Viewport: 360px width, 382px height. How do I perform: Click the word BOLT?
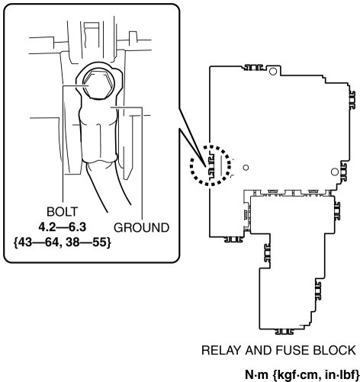click(x=63, y=212)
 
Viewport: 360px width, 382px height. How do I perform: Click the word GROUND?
click(x=141, y=227)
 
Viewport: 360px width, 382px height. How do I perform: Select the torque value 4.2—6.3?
click(x=63, y=227)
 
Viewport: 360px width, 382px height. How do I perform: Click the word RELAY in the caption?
click(x=221, y=351)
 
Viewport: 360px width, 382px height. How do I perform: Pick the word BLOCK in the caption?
click(x=334, y=351)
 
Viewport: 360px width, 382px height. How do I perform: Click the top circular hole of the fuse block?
click(x=273, y=72)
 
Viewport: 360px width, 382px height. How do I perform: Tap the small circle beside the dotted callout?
click(x=246, y=168)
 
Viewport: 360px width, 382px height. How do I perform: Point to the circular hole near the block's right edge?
click(x=335, y=172)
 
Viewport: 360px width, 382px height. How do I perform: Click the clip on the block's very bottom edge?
click(x=284, y=332)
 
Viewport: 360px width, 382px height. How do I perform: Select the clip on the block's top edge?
click(x=253, y=67)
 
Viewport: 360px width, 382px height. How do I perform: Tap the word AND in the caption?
click(x=258, y=351)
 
